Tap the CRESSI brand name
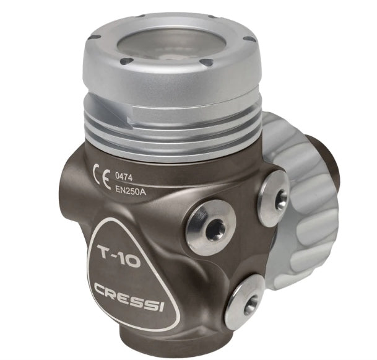[x=129, y=297]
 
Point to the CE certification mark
[x=102, y=177]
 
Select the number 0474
[x=124, y=177]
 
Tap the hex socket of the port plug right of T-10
[x=215, y=229]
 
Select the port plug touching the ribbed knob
[x=274, y=198]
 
